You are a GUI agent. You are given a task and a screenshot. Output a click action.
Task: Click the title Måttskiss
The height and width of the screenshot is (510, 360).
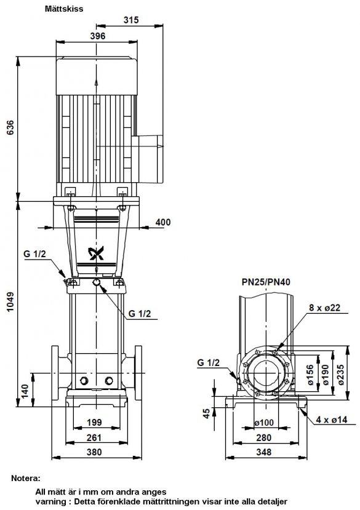[x=64, y=9]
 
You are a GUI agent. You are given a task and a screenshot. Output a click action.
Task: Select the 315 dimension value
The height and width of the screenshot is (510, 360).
[x=131, y=20]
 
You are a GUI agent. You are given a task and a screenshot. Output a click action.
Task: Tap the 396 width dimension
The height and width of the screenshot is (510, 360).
[x=98, y=36]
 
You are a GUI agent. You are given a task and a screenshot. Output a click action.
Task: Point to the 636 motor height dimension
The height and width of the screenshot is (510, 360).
[x=10, y=128]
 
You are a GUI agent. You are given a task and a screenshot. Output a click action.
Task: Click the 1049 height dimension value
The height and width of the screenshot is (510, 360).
[x=10, y=302]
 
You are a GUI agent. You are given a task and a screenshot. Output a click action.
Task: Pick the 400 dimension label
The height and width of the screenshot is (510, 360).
[x=162, y=222]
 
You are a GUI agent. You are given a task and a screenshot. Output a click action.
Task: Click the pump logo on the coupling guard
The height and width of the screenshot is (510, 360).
[x=97, y=254]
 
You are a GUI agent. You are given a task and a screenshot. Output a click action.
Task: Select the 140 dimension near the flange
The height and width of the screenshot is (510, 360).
[x=25, y=392]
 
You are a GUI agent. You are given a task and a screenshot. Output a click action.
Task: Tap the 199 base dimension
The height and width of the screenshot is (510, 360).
[x=94, y=423]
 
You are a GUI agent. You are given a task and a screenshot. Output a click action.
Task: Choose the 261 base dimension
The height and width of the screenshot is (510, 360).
[x=94, y=437]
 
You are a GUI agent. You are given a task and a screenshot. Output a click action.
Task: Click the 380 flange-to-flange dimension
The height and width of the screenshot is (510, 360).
[x=94, y=452]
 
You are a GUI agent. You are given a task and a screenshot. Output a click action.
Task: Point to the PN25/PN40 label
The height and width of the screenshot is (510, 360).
[x=266, y=282]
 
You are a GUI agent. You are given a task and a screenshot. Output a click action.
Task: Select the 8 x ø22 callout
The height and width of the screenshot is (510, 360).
[x=324, y=308]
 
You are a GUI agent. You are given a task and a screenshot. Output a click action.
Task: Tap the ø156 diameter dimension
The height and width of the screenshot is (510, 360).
[x=311, y=375]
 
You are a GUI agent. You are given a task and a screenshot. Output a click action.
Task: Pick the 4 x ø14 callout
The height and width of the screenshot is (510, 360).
[x=332, y=420]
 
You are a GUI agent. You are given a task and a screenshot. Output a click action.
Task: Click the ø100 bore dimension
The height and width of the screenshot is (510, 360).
[x=264, y=423]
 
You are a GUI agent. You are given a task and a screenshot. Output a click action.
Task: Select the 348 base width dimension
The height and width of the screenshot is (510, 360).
[x=263, y=452]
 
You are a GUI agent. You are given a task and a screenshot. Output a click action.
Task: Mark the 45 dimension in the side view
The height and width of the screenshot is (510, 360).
[x=207, y=413]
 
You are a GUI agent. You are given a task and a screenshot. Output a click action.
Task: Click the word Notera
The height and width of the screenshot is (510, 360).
[x=26, y=479]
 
